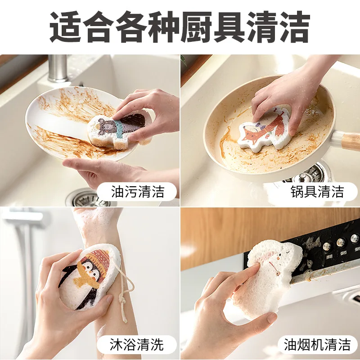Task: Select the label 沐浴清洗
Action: (137, 345)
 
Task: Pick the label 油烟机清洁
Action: (317, 345)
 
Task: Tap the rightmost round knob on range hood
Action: (355, 239)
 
